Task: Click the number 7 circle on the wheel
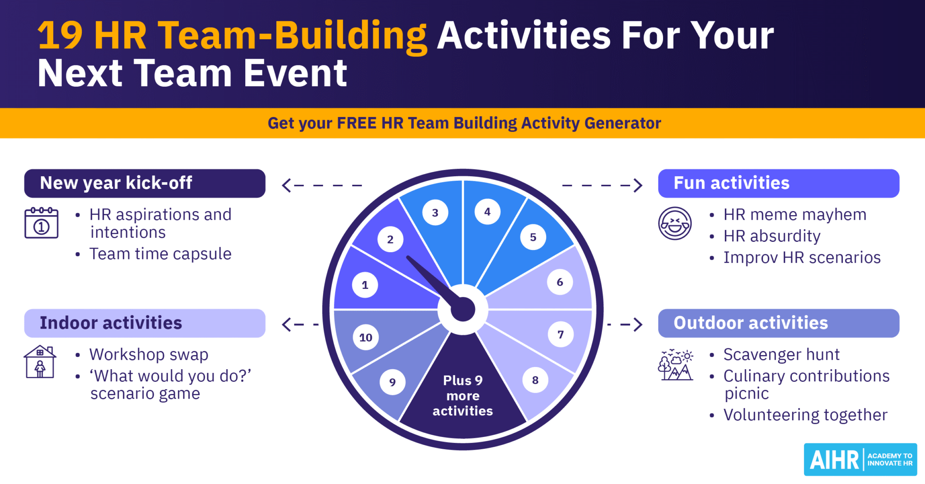(561, 334)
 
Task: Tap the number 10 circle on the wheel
(365, 337)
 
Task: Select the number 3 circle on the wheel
(435, 212)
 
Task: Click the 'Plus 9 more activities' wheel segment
(462, 395)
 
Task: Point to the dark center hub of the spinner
(463, 310)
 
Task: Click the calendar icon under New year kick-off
(41, 223)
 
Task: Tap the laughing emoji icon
(675, 223)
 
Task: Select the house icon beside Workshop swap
(40, 362)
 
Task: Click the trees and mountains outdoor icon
(676, 365)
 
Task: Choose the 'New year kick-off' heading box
(145, 183)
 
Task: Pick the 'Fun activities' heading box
(778, 183)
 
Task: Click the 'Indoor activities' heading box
(145, 323)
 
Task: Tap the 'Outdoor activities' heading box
(778, 323)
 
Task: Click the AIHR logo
(860, 460)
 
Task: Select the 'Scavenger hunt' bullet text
(781, 355)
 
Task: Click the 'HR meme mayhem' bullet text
(795, 215)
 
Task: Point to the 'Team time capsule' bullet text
(160, 254)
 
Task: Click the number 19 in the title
(60, 36)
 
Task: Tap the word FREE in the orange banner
(357, 123)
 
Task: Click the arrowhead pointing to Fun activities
(638, 185)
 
